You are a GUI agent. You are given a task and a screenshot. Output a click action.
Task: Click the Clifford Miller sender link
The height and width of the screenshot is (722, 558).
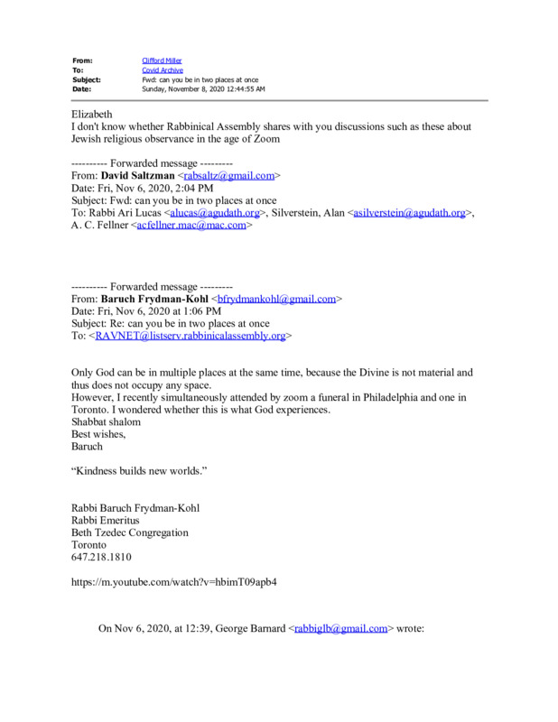pos(162,60)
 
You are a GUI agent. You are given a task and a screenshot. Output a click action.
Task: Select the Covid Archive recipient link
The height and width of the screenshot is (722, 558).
pos(162,69)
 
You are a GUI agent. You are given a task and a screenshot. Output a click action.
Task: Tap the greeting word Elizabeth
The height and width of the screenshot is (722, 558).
pos(92,115)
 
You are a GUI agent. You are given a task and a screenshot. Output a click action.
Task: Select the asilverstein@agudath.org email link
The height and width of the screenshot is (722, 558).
pos(410,213)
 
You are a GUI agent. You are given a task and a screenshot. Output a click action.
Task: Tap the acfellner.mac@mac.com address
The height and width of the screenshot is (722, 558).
pos(190,226)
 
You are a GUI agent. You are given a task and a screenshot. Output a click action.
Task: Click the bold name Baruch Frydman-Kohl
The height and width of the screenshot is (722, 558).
pos(154,298)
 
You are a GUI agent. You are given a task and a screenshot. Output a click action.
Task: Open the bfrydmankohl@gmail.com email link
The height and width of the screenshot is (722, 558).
pos(276,298)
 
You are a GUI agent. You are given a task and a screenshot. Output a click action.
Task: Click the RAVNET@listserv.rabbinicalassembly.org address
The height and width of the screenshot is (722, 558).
pos(191,336)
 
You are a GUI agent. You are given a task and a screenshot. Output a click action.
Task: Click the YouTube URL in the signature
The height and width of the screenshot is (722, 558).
pos(174,582)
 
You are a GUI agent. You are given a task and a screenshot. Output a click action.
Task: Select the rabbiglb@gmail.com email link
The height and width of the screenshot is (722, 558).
pos(341,628)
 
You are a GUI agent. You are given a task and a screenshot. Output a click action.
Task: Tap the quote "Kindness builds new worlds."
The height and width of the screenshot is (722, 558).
pos(140,471)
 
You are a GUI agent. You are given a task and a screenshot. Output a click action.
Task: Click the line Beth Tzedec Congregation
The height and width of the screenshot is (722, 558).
pos(130,532)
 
